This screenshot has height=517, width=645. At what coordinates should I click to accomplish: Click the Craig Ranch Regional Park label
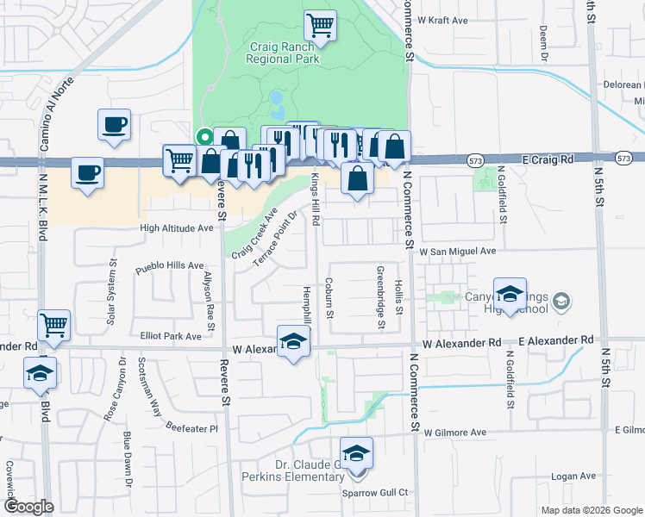[283, 53]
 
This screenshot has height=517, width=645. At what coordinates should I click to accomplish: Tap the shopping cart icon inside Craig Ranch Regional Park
[320, 25]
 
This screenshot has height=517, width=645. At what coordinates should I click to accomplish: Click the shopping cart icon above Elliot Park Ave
[54, 325]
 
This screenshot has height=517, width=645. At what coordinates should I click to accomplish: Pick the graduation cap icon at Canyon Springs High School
[510, 293]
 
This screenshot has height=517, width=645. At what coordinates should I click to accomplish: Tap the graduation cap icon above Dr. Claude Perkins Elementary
[356, 453]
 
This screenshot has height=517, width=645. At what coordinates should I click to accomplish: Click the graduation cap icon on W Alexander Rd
[293, 342]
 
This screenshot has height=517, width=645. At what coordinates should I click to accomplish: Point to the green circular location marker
[204, 135]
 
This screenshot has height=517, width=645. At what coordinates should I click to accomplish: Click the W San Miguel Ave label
[458, 251]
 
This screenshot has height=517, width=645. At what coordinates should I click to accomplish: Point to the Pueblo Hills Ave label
[170, 266]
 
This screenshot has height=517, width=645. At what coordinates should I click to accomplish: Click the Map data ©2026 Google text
[591, 510]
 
